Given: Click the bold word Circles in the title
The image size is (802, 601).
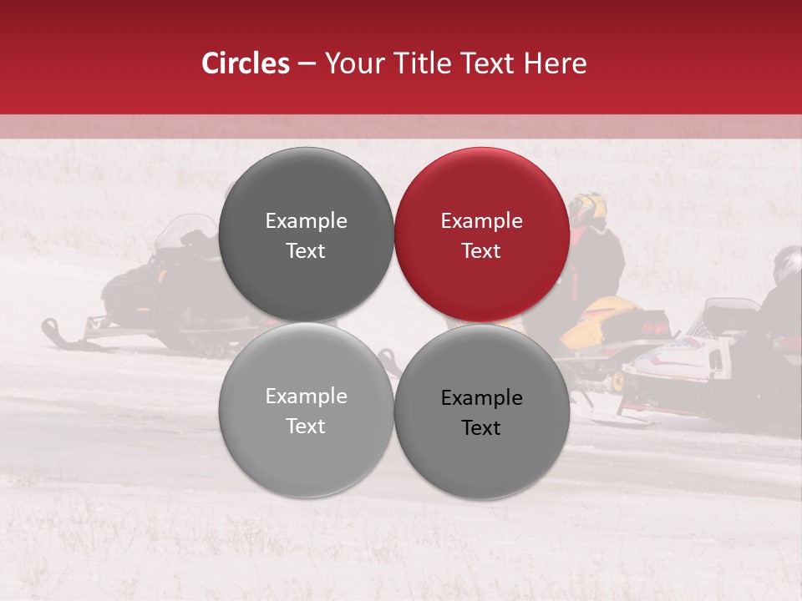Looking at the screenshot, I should pos(246,63).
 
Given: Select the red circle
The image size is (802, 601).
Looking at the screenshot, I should pos(482,235).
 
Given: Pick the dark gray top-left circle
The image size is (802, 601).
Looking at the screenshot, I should pos(306,235).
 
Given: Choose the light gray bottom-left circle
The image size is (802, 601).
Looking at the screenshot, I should pos(306,410).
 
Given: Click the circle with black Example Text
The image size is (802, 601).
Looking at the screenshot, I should pos(482,412).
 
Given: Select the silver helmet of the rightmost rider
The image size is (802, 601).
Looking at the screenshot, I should pos(787,264).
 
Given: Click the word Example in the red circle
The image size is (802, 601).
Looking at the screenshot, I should pos(481,220).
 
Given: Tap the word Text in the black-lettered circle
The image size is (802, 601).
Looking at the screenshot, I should pos(481,427).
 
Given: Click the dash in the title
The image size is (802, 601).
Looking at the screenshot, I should pos(307,63).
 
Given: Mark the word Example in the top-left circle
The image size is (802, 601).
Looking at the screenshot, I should pos(306,220).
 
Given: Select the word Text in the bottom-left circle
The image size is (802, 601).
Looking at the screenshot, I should pos(306,426).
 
